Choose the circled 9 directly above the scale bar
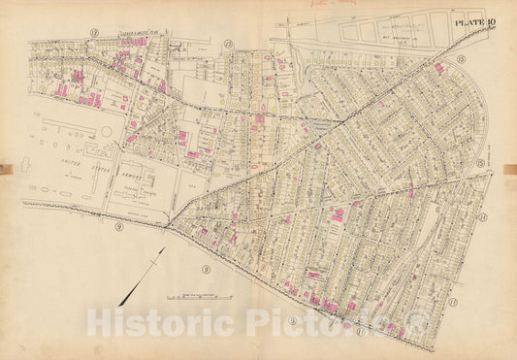coord(206,266)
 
